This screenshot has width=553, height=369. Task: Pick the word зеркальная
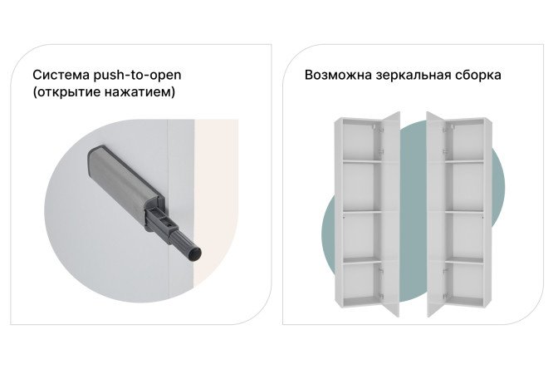click(414, 76)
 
